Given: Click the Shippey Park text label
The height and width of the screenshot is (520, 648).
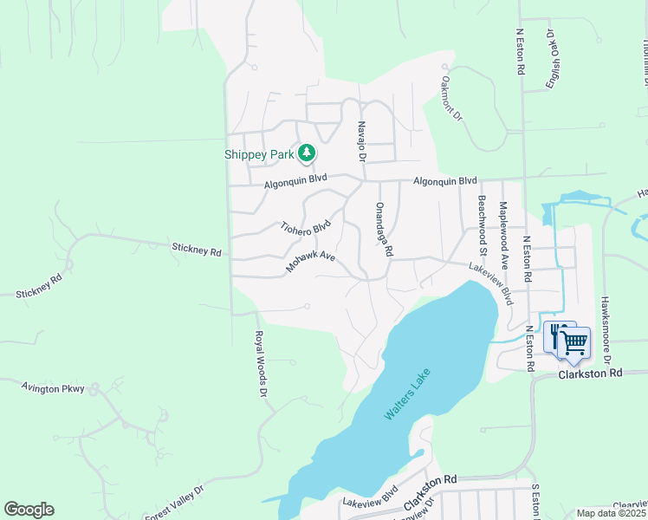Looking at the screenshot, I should point(259,154).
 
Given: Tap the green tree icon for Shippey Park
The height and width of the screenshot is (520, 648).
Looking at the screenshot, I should point(306,153).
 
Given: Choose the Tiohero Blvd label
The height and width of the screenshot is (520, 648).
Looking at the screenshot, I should point(306,228).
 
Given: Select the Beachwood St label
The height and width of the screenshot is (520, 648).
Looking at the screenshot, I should point(483,220).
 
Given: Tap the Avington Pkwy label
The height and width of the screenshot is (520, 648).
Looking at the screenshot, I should point(53,388).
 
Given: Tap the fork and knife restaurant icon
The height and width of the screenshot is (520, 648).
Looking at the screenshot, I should point(555,335).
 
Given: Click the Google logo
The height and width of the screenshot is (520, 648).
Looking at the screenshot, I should point(29,510).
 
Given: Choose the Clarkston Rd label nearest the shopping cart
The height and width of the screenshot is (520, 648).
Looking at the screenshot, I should point(590,374).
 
